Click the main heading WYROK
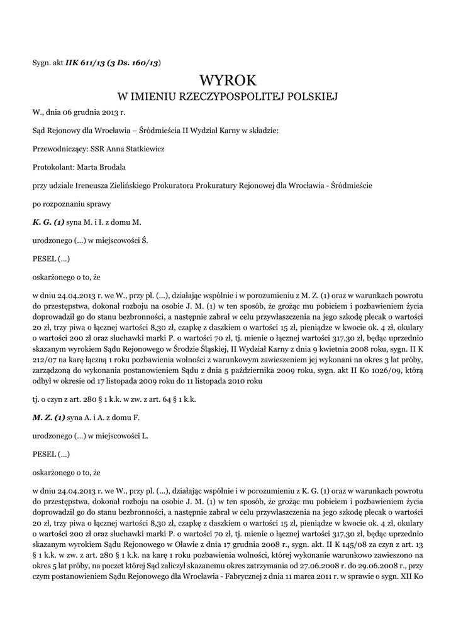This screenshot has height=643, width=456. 228,80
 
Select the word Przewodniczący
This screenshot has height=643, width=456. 56,149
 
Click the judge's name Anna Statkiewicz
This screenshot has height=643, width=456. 128,149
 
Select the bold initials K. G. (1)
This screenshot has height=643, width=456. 48,222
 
